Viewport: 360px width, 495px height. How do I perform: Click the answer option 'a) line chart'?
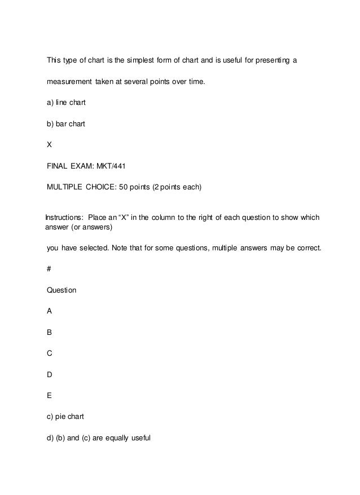[66, 103]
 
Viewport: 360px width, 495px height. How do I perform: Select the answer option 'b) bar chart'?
[66, 123]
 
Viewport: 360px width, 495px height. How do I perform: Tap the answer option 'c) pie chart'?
[65, 417]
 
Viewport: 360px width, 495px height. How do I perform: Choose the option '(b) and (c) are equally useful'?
[99, 437]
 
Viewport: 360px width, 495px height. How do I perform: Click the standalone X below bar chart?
[50, 144]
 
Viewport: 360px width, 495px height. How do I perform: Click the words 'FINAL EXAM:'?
[72, 165]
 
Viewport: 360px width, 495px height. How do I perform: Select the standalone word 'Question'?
[62, 290]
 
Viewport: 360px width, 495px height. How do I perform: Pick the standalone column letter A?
[50, 311]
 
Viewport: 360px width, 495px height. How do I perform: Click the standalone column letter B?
[50, 333]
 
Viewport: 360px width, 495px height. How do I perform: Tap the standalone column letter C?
[50, 353]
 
